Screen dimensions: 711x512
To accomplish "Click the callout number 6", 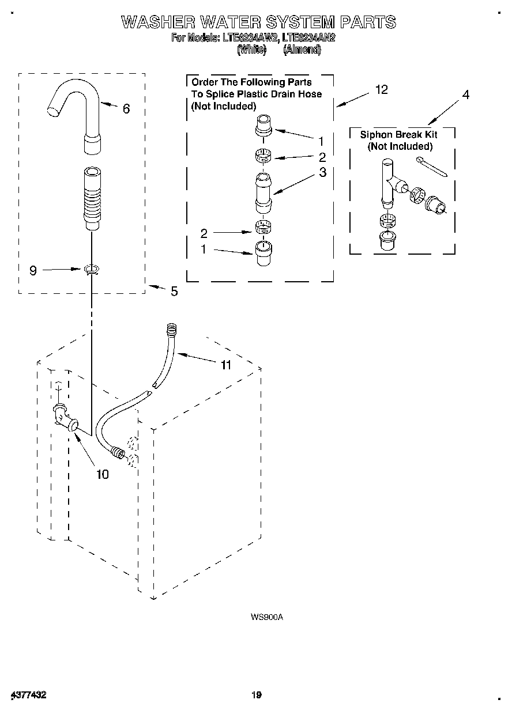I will [126, 108].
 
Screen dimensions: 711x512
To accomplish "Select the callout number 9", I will [33, 270].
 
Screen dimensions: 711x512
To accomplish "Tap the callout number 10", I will [102, 474].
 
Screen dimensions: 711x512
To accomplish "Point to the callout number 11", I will [225, 365].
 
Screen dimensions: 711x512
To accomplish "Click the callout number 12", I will [381, 89].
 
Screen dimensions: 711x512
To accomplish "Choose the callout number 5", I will [174, 292].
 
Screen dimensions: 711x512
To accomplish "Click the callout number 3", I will [322, 172].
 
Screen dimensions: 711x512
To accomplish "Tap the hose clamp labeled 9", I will [91, 269].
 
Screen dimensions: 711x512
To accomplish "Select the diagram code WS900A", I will [267, 617].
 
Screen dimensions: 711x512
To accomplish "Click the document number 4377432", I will [28, 695].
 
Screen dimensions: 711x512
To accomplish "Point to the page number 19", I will [257, 695].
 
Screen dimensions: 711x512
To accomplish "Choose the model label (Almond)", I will [302, 50].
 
